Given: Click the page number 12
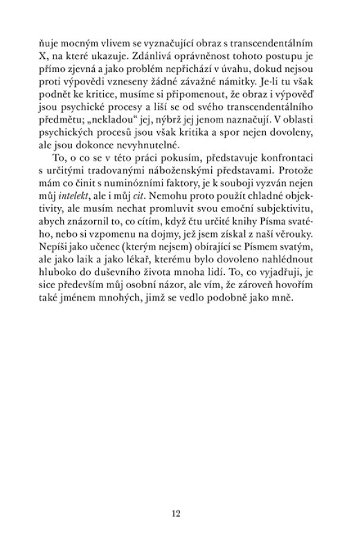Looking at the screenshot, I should [x=176, y=513].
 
